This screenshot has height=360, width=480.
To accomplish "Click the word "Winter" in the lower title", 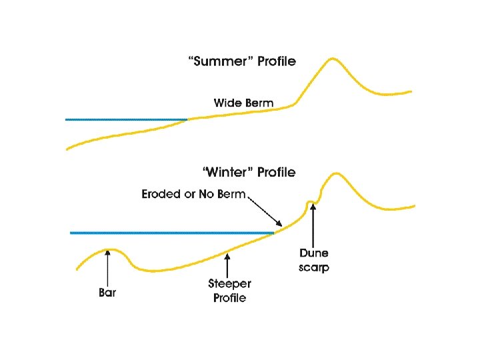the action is [x=221, y=173].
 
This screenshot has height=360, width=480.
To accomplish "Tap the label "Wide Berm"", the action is [x=243, y=103].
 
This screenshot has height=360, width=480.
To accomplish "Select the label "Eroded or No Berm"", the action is [x=193, y=195].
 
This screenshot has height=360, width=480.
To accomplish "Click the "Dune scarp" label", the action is [x=313, y=260].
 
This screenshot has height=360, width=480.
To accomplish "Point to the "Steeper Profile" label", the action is [x=229, y=291].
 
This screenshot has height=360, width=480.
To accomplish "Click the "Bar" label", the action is [x=107, y=293].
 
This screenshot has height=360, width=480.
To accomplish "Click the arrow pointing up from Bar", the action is [x=107, y=267].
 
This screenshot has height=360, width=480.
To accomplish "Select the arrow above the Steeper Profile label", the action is [x=229, y=264].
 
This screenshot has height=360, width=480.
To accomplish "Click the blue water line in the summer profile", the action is [x=127, y=119].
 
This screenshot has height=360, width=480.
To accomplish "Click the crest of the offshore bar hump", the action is [x=108, y=250].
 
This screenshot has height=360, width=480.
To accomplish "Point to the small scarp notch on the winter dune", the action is [x=310, y=201].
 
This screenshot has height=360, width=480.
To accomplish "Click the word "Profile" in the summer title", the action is [x=273, y=61].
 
